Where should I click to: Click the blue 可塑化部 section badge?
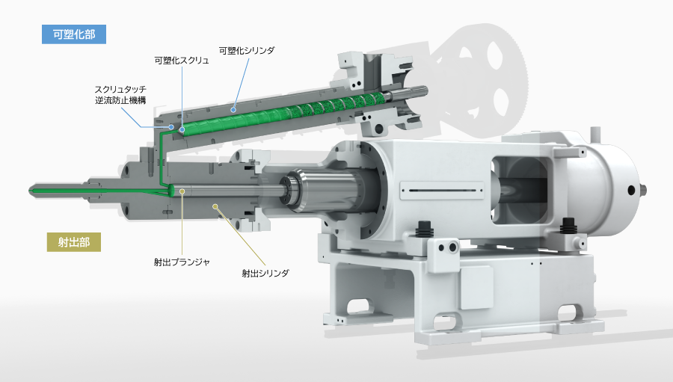[74, 34]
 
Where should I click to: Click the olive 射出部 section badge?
[74, 242]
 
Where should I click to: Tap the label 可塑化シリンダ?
[247, 50]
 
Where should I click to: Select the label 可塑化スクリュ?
[182, 61]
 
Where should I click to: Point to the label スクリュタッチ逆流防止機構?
[120, 95]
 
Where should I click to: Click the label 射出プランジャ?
[182, 262]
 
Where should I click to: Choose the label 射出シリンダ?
[265, 273]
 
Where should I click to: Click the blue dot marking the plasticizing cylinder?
[233, 110]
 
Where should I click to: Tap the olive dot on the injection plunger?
[182, 191]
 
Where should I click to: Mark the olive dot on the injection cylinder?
[215, 207]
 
